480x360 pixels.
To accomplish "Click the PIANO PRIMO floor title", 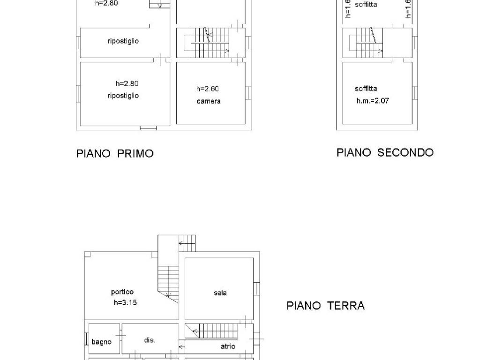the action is [115, 153].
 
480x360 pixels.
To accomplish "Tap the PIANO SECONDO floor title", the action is [385, 152].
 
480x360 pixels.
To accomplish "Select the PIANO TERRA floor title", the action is [326, 306].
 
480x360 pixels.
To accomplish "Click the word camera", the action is [209, 101].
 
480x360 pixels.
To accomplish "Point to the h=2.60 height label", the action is [208, 89].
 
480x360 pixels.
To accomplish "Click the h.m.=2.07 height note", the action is [373, 101].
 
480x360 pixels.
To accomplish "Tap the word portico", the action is [122, 292].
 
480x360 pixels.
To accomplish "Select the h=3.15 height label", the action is [125, 302].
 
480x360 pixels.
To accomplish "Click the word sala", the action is [220, 293].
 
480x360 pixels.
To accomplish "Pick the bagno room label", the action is [101, 342].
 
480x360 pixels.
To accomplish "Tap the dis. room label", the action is [150, 340].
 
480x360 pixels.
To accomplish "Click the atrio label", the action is [228, 346].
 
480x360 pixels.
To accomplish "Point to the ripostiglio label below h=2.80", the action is [123, 96].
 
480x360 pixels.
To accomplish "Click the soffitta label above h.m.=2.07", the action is [366, 89].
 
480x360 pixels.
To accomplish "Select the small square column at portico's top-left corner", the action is [87, 255].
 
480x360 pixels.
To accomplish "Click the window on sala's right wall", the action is [256, 289].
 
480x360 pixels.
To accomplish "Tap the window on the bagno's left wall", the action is [87, 338].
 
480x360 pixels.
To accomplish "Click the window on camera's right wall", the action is [248, 93].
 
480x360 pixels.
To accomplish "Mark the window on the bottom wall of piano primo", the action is [149, 128].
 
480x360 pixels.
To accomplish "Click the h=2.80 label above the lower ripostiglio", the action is [127, 83].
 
